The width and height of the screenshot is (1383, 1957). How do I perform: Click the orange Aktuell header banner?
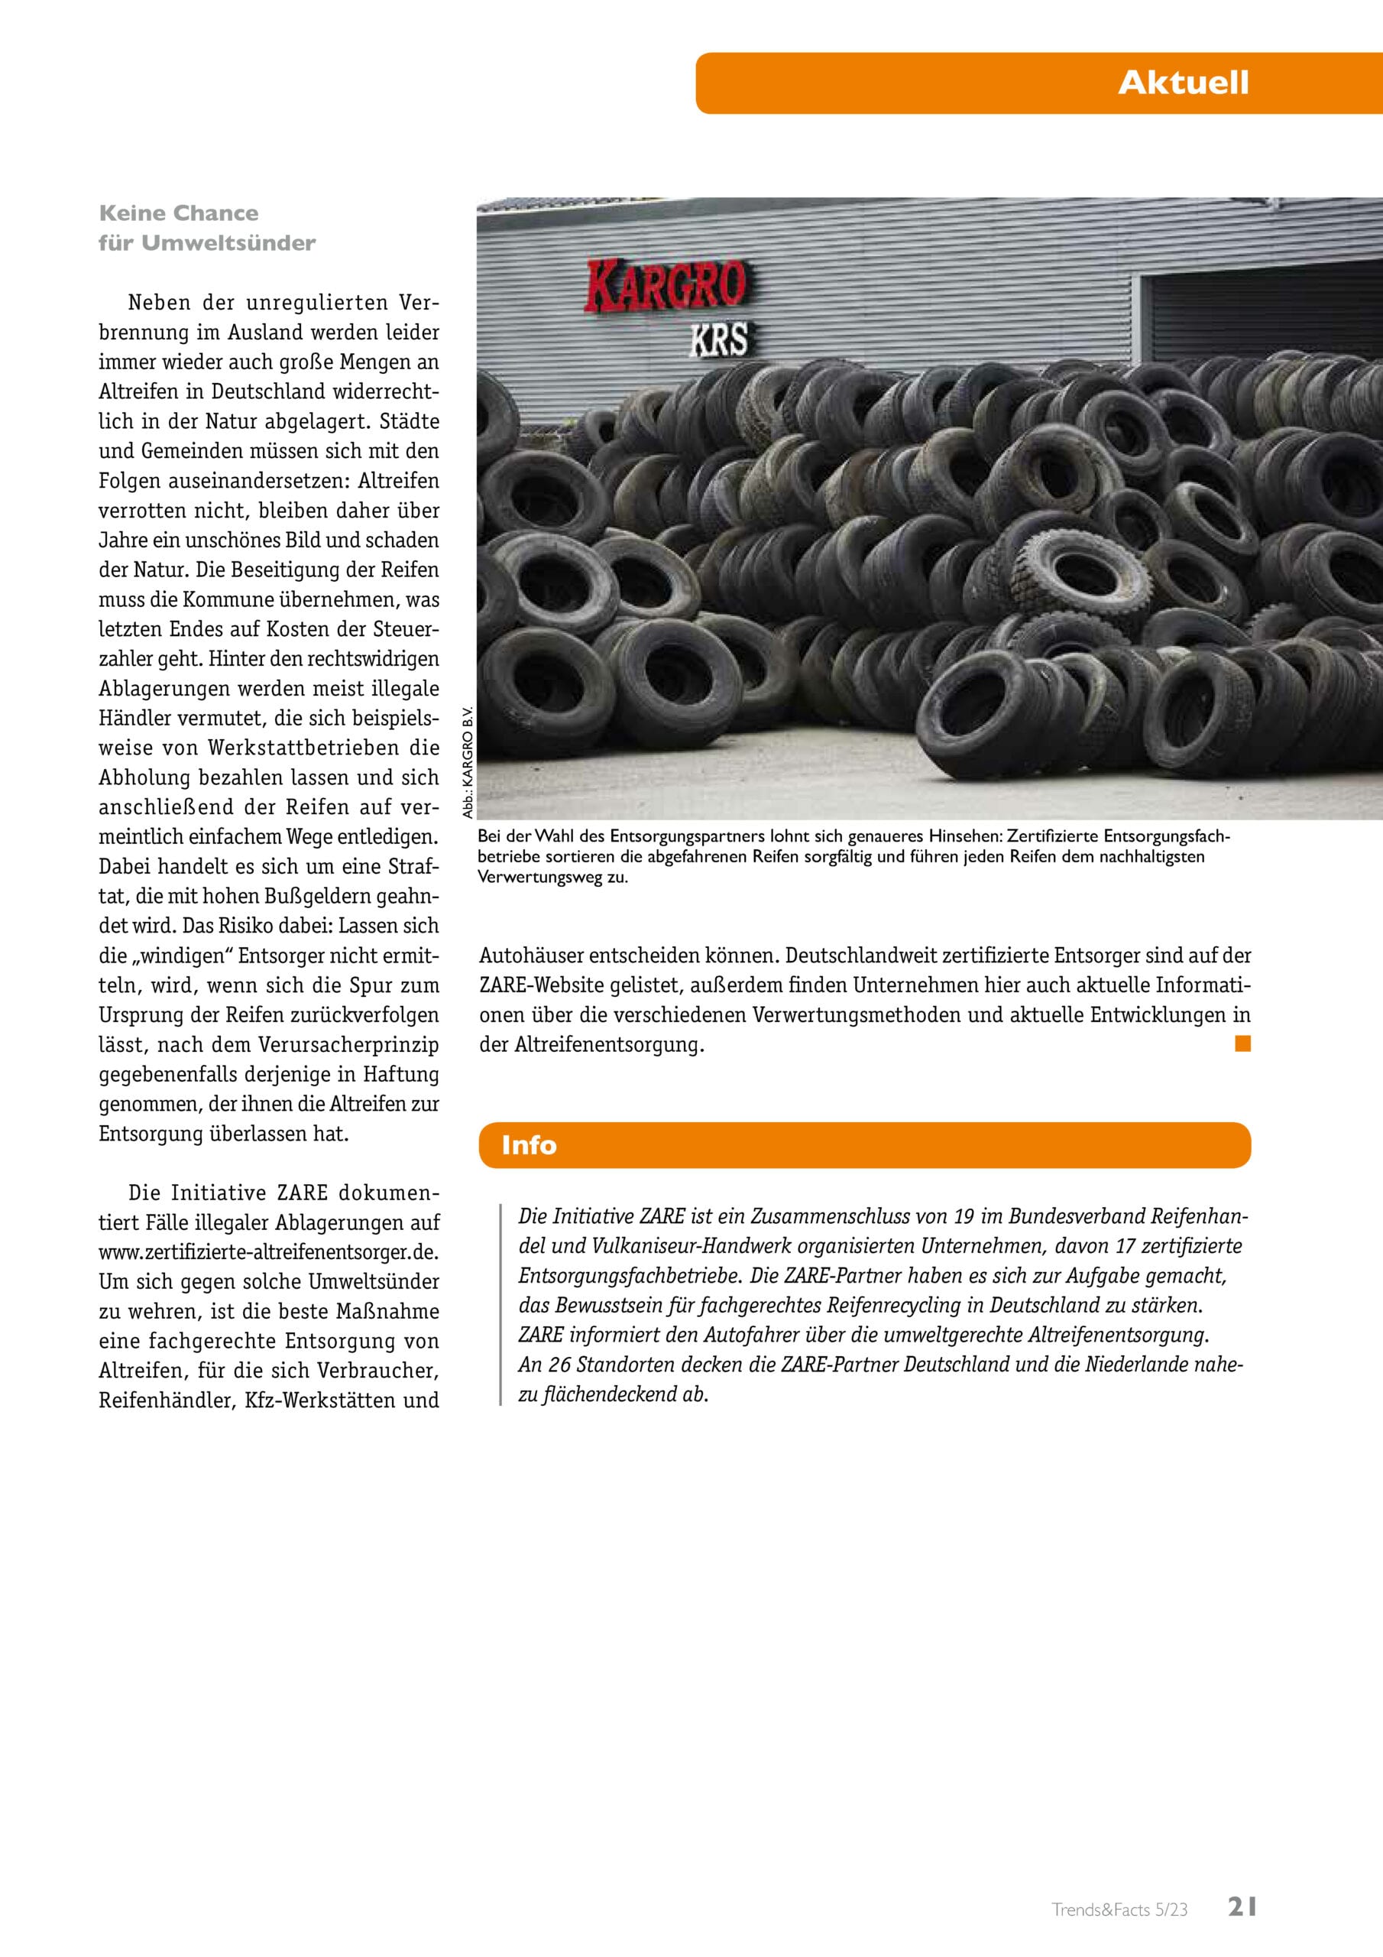1037,83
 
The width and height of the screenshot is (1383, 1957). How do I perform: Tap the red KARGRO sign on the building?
666,286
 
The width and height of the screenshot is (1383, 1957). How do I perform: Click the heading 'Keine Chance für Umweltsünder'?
206,228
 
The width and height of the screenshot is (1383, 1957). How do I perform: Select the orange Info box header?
864,1144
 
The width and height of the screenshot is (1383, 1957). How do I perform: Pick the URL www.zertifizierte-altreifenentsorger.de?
268,1251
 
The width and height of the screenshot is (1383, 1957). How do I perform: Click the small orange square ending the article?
1242,1043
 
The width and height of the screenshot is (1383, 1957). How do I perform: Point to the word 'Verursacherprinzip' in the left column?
368,1044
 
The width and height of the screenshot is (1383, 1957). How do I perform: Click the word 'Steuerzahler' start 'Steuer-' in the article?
406,629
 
